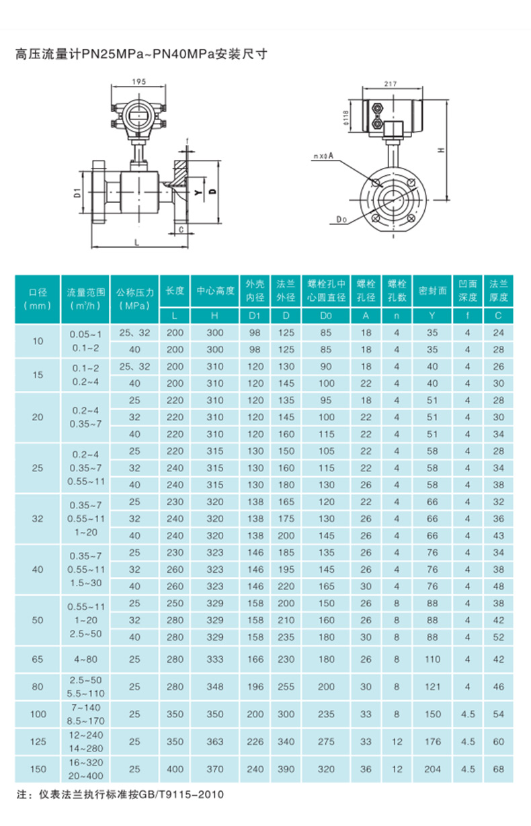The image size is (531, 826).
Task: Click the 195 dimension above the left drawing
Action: [139, 81]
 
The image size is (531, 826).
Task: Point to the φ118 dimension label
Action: [345, 118]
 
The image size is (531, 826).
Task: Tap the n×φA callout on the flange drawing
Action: [323, 156]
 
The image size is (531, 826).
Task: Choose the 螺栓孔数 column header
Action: [397, 291]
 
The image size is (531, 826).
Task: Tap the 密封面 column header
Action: [432, 291]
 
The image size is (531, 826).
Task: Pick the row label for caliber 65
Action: [37, 660]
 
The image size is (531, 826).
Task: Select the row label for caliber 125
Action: [37, 742]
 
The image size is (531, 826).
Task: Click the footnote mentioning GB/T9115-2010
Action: [120, 794]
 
